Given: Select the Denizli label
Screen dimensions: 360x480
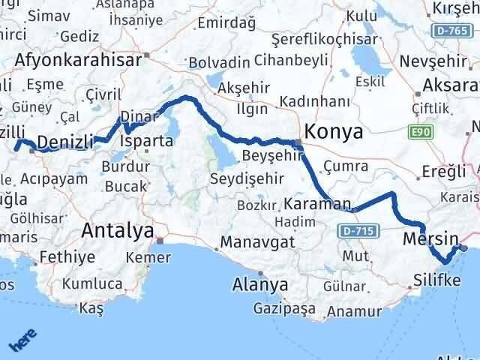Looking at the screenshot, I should (64, 142).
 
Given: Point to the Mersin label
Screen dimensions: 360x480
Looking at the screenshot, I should (430, 239).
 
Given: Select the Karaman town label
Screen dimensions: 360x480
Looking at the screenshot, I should (318, 203).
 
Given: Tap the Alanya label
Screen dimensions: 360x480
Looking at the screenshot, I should (260, 284).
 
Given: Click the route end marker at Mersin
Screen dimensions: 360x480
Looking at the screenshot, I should (464, 247).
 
